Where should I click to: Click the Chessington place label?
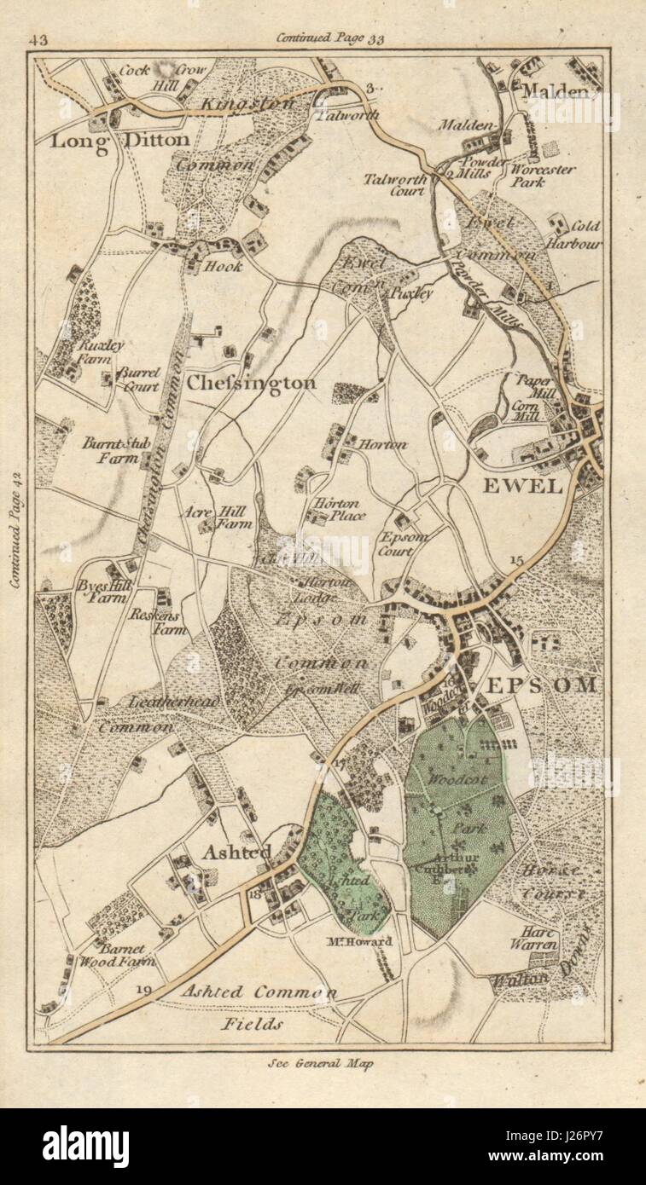(251, 383)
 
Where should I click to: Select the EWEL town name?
(523, 486)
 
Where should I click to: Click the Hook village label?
(223, 266)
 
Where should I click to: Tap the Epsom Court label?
(404, 544)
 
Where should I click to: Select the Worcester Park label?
(543, 175)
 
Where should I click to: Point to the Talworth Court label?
(394, 184)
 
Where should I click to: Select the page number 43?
(39, 39)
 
